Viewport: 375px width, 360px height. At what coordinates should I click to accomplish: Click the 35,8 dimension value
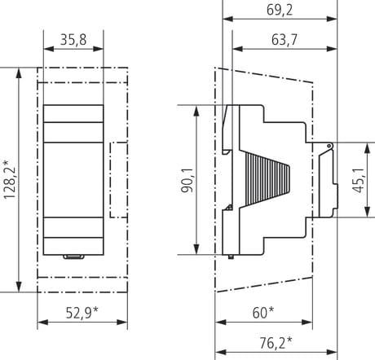pos(73,40)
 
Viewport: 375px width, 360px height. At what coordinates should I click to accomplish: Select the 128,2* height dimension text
pos(10,180)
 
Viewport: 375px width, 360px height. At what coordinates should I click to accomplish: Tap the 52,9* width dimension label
pos(82,313)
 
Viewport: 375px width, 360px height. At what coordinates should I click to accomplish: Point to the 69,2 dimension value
pos(280,10)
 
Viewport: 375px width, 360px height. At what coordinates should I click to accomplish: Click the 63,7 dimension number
pos(285,40)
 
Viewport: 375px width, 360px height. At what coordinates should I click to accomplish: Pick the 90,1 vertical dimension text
pos(187,180)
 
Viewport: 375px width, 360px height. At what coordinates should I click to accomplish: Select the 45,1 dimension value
pos(359,180)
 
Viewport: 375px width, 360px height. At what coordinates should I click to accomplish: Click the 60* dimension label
pos(263,313)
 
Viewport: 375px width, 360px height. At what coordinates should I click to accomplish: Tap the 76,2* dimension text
pos(276,343)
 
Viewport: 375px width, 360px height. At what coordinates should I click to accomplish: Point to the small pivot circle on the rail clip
pos(329,146)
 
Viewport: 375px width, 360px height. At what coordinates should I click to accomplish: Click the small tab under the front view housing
pos(73,257)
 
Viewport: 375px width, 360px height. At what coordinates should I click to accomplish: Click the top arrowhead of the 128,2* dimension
pos(19,72)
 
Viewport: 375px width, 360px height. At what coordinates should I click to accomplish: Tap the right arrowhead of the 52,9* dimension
pos(122,323)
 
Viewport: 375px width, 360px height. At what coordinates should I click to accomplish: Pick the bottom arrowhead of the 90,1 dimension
pos(196,249)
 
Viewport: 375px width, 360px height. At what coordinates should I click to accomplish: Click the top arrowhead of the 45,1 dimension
pos(368,147)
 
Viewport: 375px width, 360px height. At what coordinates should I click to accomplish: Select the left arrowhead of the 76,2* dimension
pos(220,353)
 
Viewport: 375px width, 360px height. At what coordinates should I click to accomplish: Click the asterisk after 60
pos(271,310)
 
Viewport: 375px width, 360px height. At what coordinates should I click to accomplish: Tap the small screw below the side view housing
pos(231,257)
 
